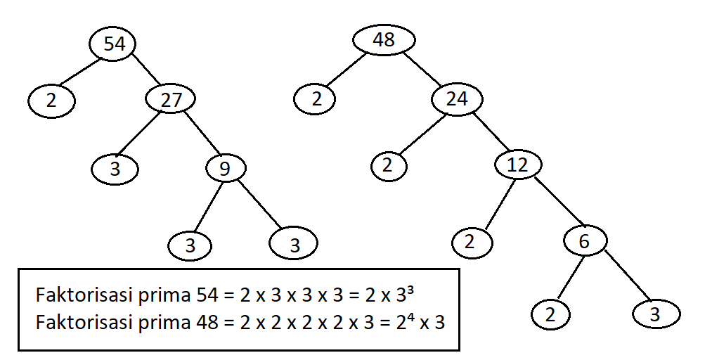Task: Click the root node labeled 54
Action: [x=113, y=44]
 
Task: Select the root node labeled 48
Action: [x=384, y=40]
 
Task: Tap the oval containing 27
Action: [x=171, y=100]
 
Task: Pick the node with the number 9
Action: [x=226, y=169]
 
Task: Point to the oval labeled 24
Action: [x=457, y=100]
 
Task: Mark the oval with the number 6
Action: [x=585, y=242]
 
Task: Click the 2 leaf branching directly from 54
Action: [x=52, y=101]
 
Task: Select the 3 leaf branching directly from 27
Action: [x=115, y=169]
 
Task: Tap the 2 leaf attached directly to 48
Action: [x=317, y=99]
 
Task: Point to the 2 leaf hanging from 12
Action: [x=471, y=242]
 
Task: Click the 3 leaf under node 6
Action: [x=655, y=314]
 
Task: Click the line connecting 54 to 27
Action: [x=147, y=70]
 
